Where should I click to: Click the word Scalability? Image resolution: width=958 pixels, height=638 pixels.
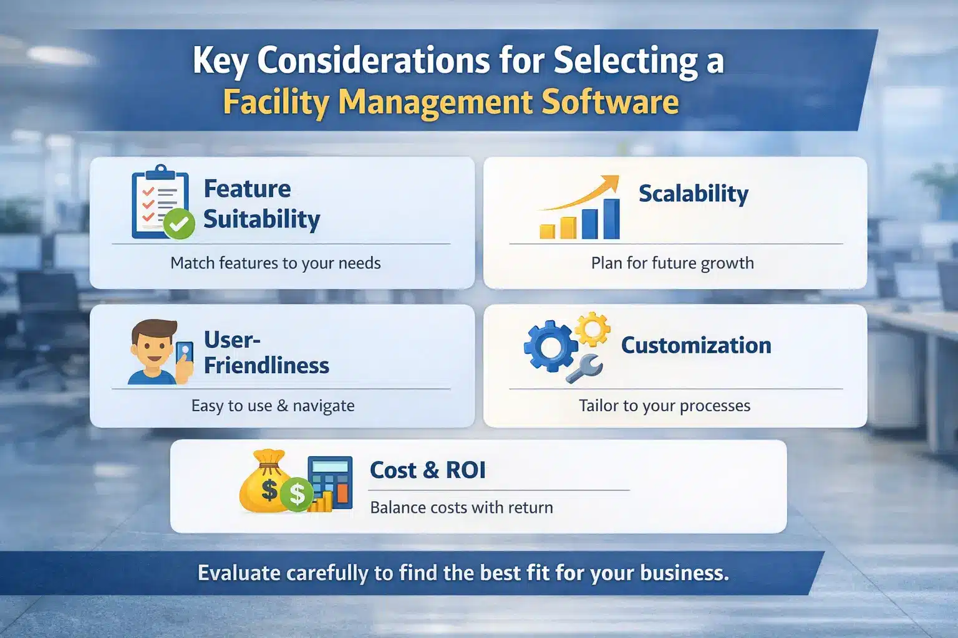tap(693, 194)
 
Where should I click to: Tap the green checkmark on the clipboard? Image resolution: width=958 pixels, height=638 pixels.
tap(180, 224)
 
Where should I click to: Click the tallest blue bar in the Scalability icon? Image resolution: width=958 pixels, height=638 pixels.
tap(612, 219)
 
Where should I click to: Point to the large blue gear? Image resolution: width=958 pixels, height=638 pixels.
tap(549, 346)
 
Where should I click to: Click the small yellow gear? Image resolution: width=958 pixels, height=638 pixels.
tap(592, 328)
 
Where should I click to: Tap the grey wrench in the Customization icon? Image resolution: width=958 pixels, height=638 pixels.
tap(584, 368)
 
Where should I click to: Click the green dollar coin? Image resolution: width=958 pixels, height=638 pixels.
tap(297, 495)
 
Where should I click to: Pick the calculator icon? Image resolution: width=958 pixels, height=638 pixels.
tap(331, 482)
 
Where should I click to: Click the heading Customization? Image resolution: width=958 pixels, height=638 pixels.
tap(696, 345)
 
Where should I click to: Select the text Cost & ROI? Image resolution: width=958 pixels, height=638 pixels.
tap(427, 470)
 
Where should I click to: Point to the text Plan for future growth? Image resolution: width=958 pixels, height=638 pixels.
tap(672, 263)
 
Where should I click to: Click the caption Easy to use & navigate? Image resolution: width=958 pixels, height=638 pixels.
tap(273, 406)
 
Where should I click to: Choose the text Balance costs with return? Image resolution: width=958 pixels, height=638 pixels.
tap(462, 507)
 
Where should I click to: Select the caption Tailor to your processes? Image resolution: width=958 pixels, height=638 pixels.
tap(664, 406)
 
